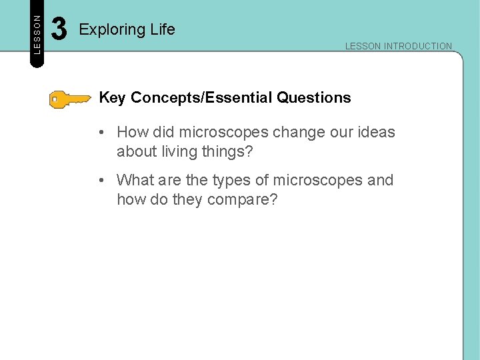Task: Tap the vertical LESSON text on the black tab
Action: click(x=37, y=33)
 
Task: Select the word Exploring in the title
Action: click(x=107, y=30)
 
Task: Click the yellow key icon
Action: click(x=70, y=99)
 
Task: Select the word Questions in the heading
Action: click(x=314, y=98)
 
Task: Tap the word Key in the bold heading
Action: click(x=112, y=98)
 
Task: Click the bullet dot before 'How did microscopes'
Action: click(x=99, y=133)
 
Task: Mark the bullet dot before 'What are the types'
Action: click(x=99, y=181)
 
